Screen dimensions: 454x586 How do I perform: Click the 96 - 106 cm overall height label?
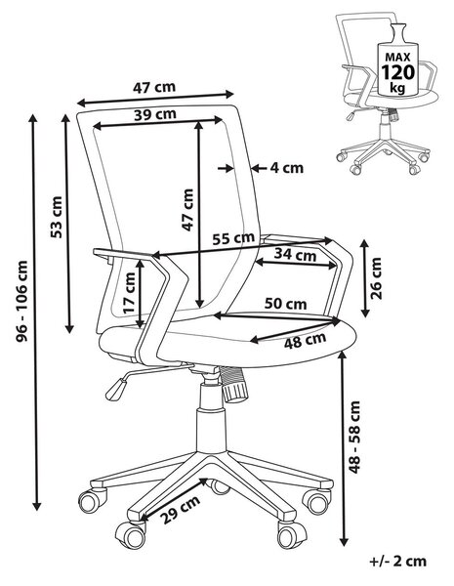(x=22, y=301)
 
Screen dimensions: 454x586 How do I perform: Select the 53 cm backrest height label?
(x=57, y=217)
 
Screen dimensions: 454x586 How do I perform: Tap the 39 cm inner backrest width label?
(x=155, y=114)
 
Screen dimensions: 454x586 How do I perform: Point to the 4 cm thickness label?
(x=287, y=168)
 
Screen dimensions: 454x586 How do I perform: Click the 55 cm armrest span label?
(x=233, y=237)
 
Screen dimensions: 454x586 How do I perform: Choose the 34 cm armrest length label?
(x=295, y=255)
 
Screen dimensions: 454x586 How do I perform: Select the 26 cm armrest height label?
(x=376, y=278)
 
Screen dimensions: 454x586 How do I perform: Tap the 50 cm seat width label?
(x=286, y=304)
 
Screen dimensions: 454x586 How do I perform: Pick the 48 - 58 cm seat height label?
(x=354, y=437)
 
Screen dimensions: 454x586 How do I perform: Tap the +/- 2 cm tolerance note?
(x=398, y=561)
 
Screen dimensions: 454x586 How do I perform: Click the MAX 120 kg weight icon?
(x=398, y=60)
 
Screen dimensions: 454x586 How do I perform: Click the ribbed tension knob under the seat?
(x=234, y=385)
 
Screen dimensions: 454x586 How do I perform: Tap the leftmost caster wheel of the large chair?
(x=93, y=501)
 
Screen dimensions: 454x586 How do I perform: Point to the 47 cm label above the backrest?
(x=154, y=87)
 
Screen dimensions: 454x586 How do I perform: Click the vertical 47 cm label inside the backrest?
(x=187, y=210)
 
